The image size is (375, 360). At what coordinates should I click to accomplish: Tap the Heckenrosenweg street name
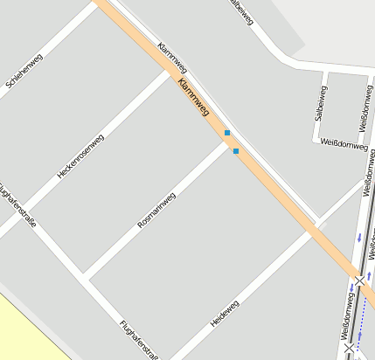pos(80,156)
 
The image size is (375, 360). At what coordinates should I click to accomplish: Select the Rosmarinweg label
pos(156,211)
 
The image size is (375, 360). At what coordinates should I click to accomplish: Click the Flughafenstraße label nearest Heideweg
pos(138,339)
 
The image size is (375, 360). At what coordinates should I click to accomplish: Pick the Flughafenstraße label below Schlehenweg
pos(17,204)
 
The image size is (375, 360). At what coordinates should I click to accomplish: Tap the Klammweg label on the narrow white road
pos(173,58)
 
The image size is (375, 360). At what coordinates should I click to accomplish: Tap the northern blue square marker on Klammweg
pos(227,133)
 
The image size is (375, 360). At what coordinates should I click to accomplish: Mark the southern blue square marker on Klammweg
pos(236,151)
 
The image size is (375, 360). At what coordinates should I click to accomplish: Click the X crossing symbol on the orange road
pos(359,280)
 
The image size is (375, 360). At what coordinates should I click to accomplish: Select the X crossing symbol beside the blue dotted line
pos(351,348)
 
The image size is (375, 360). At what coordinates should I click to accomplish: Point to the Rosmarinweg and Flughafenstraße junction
pos(86,277)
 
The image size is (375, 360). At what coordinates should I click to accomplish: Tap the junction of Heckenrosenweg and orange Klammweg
pos(168,72)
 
